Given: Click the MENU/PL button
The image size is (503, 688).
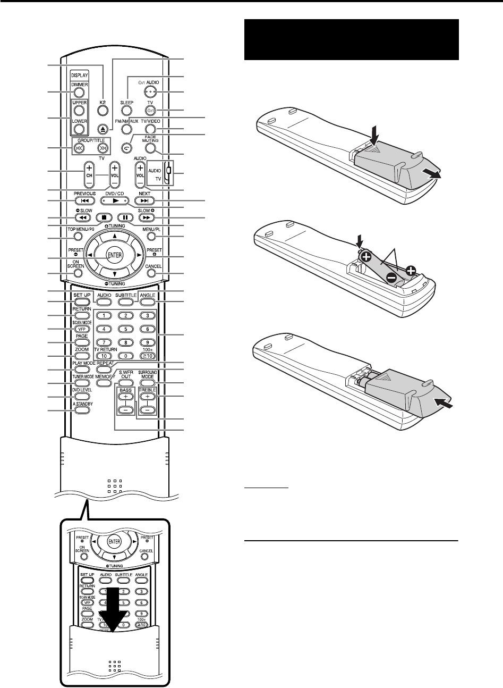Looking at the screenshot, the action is click(150, 236).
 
